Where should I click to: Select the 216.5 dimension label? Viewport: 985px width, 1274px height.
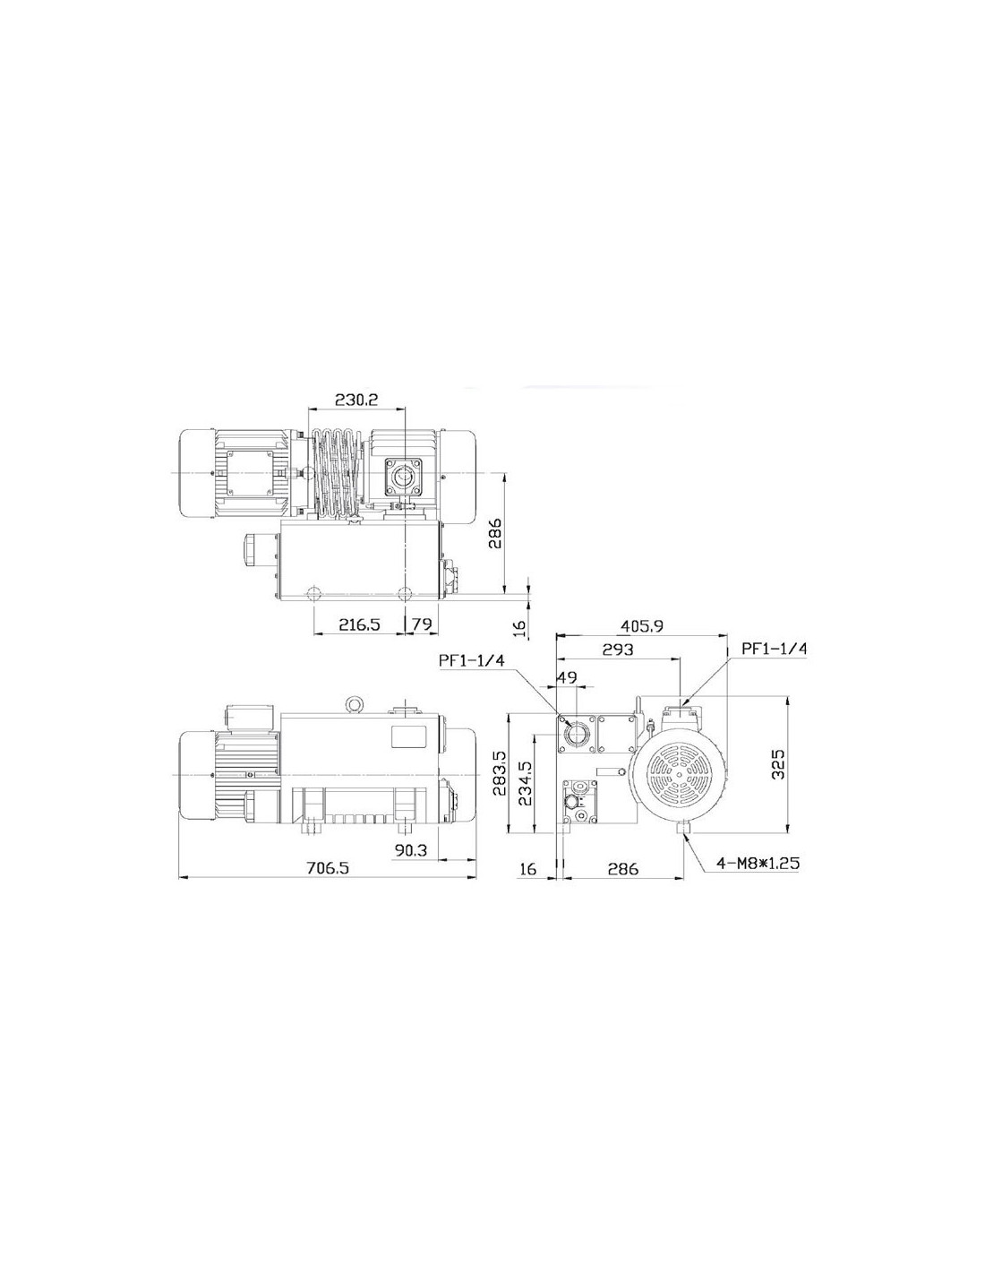358,624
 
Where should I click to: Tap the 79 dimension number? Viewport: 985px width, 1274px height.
422,624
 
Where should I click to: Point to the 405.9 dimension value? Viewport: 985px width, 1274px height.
642,626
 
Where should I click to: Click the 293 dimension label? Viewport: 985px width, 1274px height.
618,649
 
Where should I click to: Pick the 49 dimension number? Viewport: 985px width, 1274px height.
566,677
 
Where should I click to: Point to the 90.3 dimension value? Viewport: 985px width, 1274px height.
411,849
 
